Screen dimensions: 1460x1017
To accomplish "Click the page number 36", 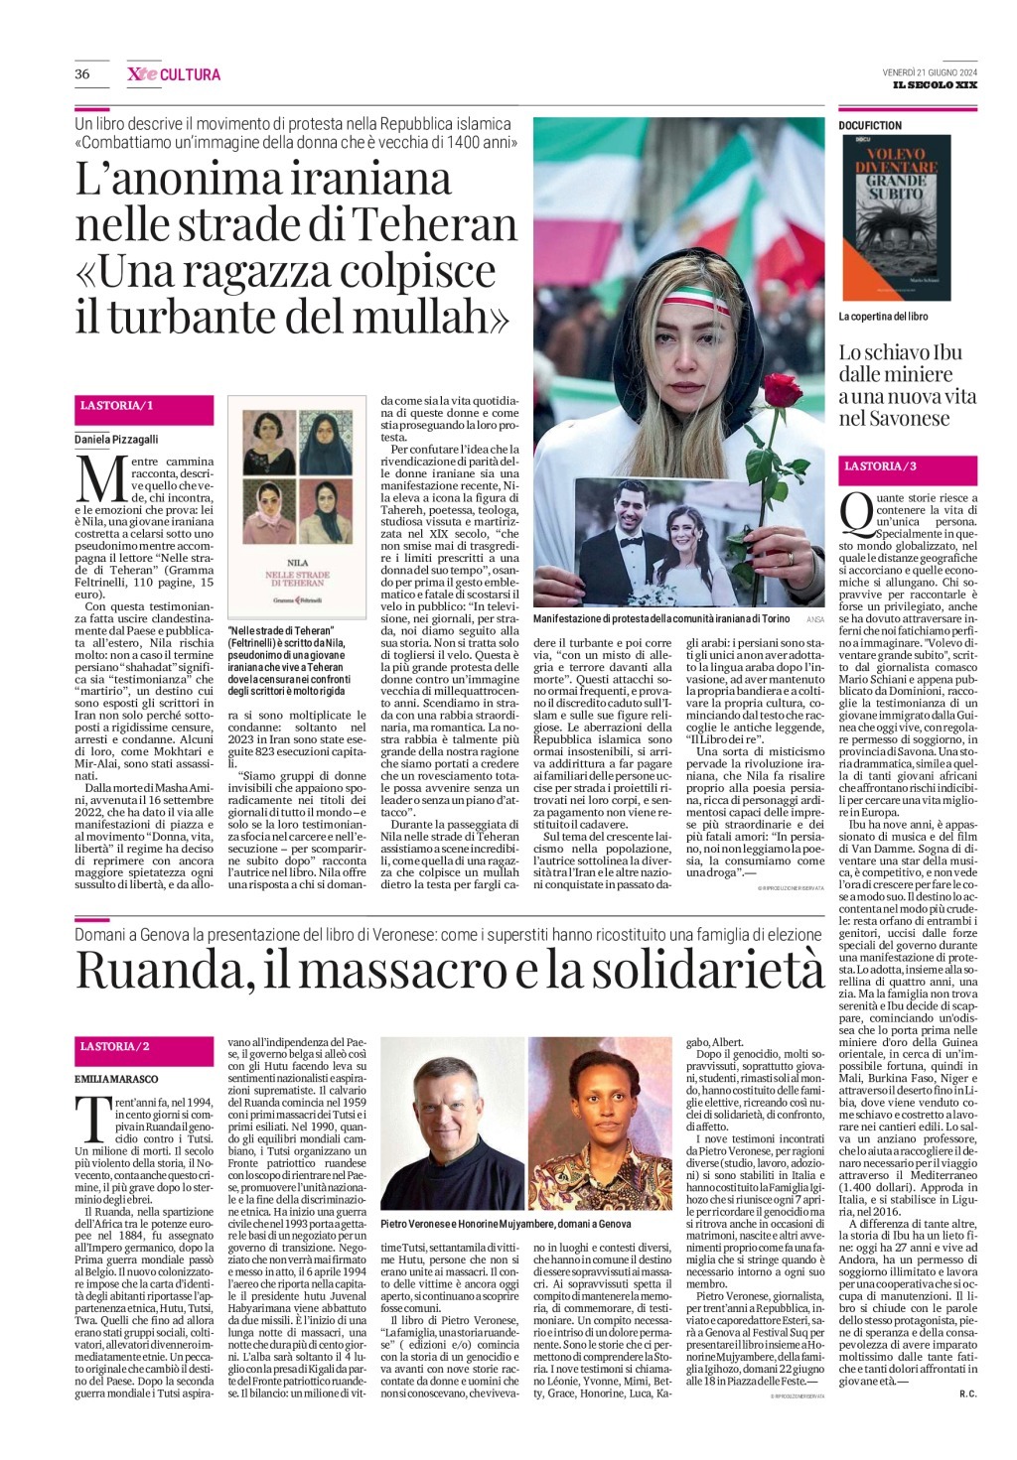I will (82, 74).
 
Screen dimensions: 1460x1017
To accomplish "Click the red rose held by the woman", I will (784, 392).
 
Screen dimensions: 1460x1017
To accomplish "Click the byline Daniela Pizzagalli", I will (116, 439).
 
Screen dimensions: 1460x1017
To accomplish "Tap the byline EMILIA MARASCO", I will (116, 1079).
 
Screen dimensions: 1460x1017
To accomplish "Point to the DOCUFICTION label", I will (870, 126).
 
